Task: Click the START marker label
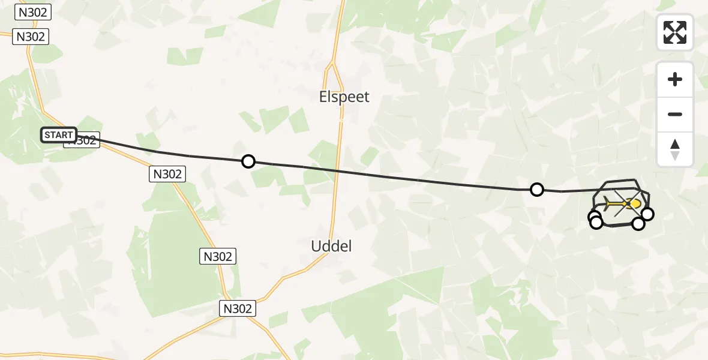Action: click(x=58, y=135)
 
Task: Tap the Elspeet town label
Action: click(x=344, y=97)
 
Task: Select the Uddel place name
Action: click(x=331, y=245)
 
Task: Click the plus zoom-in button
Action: click(x=675, y=79)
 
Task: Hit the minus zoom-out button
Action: click(x=675, y=114)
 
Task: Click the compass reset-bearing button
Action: click(x=675, y=149)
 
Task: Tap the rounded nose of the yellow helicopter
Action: click(x=637, y=204)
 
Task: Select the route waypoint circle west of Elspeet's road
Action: click(x=248, y=161)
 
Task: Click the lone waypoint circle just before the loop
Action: click(x=537, y=190)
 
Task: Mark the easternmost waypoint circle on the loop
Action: click(x=647, y=214)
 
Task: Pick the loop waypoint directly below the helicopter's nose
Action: click(x=638, y=224)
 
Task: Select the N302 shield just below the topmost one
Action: click(x=31, y=37)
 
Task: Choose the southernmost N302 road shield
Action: click(x=238, y=308)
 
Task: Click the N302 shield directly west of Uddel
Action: click(x=217, y=257)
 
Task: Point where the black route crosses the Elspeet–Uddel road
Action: click(x=337, y=171)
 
